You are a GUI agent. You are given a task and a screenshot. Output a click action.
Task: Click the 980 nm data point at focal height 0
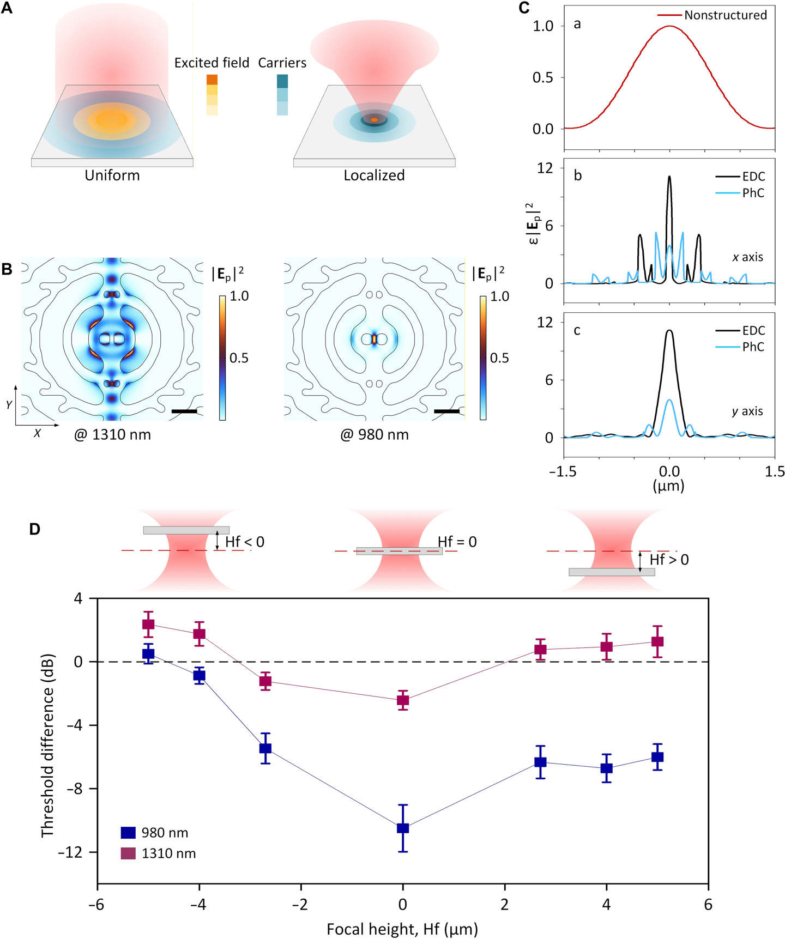pos(403,828)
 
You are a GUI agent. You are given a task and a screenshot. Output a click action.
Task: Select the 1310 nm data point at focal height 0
pos(403,700)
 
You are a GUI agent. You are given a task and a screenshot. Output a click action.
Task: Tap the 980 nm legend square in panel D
pos(128,833)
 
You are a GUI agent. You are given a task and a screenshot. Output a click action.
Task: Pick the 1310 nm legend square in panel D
pos(128,853)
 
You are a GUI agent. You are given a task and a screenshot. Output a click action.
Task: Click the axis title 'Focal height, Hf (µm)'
pos(402,929)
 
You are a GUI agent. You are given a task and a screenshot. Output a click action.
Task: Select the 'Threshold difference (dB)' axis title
pos(47,745)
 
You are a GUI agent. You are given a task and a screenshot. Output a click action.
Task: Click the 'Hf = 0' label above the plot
pos(457,542)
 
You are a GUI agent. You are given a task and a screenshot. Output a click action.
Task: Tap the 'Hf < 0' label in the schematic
pos(245,542)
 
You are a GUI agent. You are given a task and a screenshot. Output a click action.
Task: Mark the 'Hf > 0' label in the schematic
pos(669,560)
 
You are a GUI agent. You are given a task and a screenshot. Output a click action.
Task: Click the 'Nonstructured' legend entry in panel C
pos(725,15)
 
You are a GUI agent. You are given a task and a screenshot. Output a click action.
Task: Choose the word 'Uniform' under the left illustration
pos(112,175)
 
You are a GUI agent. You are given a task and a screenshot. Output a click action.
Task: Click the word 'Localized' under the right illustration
pos(374,175)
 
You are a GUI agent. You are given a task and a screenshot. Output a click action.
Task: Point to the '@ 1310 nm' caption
pos(113,435)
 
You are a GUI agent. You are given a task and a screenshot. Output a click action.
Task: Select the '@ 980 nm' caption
pos(375,435)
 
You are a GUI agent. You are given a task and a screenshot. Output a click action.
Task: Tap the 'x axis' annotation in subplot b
pos(747,257)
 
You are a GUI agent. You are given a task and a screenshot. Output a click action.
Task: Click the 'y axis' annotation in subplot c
pos(747,411)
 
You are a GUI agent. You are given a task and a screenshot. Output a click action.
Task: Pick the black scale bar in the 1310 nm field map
pos(184,411)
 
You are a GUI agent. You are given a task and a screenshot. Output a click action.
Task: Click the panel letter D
pos(35,529)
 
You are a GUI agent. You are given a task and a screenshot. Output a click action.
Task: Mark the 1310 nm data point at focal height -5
pos(148,625)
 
